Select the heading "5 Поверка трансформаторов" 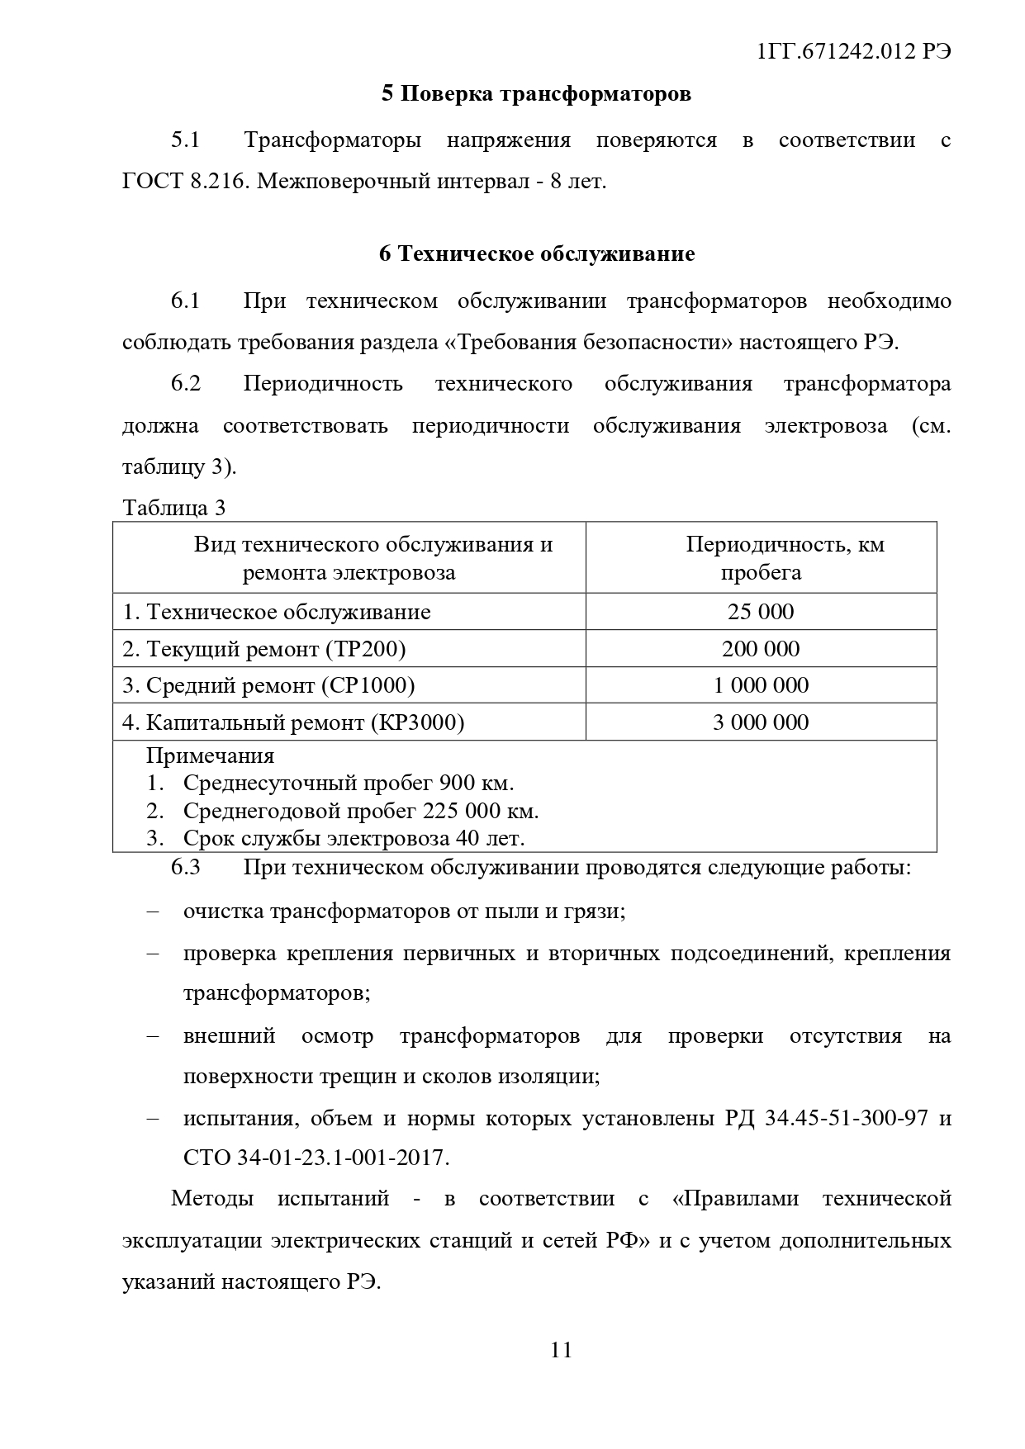[x=536, y=94]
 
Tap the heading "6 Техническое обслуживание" [x=537, y=254]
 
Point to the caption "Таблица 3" [x=173, y=507]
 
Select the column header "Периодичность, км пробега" [x=761, y=558]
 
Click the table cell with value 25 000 [x=761, y=612]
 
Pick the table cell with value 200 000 [x=761, y=649]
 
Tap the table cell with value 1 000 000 [x=761, y=685]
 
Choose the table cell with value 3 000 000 [x=761, y=722]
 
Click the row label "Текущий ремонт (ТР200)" [x=264, y=649]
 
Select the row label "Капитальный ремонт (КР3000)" [x=293, y=722]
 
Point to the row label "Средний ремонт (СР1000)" [x=268, y=685]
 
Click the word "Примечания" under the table [x=210, y=755]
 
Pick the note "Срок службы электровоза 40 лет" [x=354, y=839]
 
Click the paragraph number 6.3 [x=186, y=868]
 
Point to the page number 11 [x=561, y=1350]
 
